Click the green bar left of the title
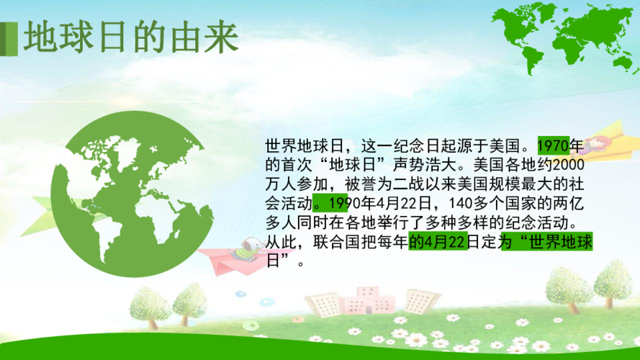point(9,38)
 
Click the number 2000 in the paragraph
point(578,165)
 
